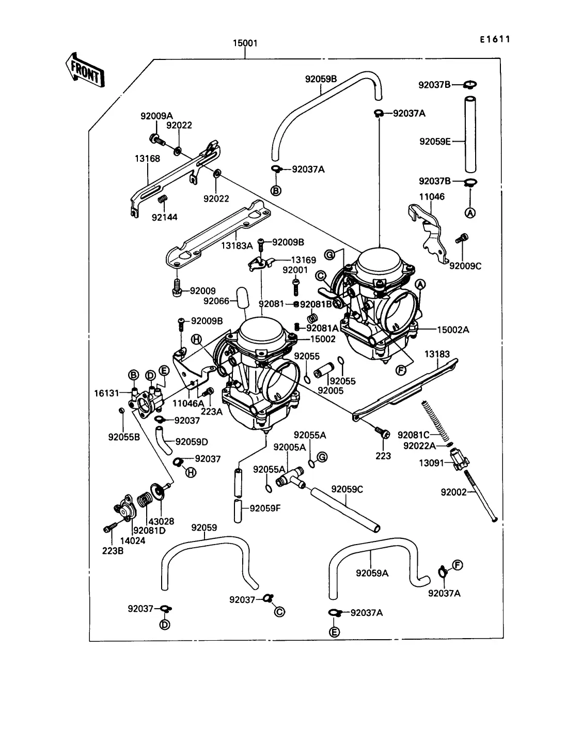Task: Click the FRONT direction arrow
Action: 85,71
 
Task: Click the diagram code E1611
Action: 495,39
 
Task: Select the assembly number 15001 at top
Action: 245,43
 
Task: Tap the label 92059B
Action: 321,79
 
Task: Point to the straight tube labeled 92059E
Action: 470,134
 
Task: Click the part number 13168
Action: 147,158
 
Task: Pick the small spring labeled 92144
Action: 163,199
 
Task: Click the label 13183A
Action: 237,246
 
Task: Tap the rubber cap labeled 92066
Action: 242,298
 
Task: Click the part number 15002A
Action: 453,330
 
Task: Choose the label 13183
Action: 437,354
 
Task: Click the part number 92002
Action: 453,492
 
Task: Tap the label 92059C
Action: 347,489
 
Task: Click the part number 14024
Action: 133,541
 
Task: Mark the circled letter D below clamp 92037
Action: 165,625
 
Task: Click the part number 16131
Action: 106,393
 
